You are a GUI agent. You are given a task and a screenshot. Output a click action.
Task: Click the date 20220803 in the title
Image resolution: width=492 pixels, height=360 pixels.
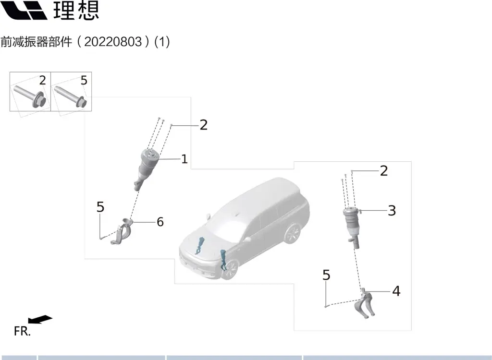(113, 41)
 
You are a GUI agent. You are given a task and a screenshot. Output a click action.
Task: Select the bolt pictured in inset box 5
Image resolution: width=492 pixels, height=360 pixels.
(71, 96)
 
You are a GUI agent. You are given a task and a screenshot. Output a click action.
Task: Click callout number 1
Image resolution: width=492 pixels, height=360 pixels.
(184, 159)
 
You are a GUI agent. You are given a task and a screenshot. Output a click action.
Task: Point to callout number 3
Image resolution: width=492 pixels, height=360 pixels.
(392, 211)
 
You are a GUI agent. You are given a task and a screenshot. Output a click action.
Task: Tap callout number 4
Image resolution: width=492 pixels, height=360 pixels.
(396, 291)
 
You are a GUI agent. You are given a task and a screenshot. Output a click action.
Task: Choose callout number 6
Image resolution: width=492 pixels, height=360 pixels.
(160, 222)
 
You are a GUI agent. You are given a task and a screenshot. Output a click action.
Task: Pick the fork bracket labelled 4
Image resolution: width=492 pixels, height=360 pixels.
(365, 303)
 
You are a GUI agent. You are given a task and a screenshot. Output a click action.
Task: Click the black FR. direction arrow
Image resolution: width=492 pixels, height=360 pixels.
(40, 319)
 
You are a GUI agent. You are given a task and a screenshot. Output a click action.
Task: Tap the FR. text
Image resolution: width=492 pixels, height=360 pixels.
(22, 331)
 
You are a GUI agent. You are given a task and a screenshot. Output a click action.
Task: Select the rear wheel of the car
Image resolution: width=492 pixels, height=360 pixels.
(292, 234)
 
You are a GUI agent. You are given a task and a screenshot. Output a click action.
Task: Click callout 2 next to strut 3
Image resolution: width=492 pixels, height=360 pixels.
(384, 171)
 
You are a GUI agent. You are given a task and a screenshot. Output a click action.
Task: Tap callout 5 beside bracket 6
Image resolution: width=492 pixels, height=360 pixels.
(100, 207)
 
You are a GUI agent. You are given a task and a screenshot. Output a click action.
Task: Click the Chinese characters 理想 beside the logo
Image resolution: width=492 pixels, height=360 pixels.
(76, 10)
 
